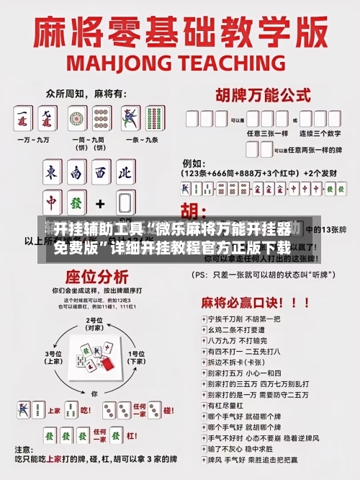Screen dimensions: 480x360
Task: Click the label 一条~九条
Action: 141,139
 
